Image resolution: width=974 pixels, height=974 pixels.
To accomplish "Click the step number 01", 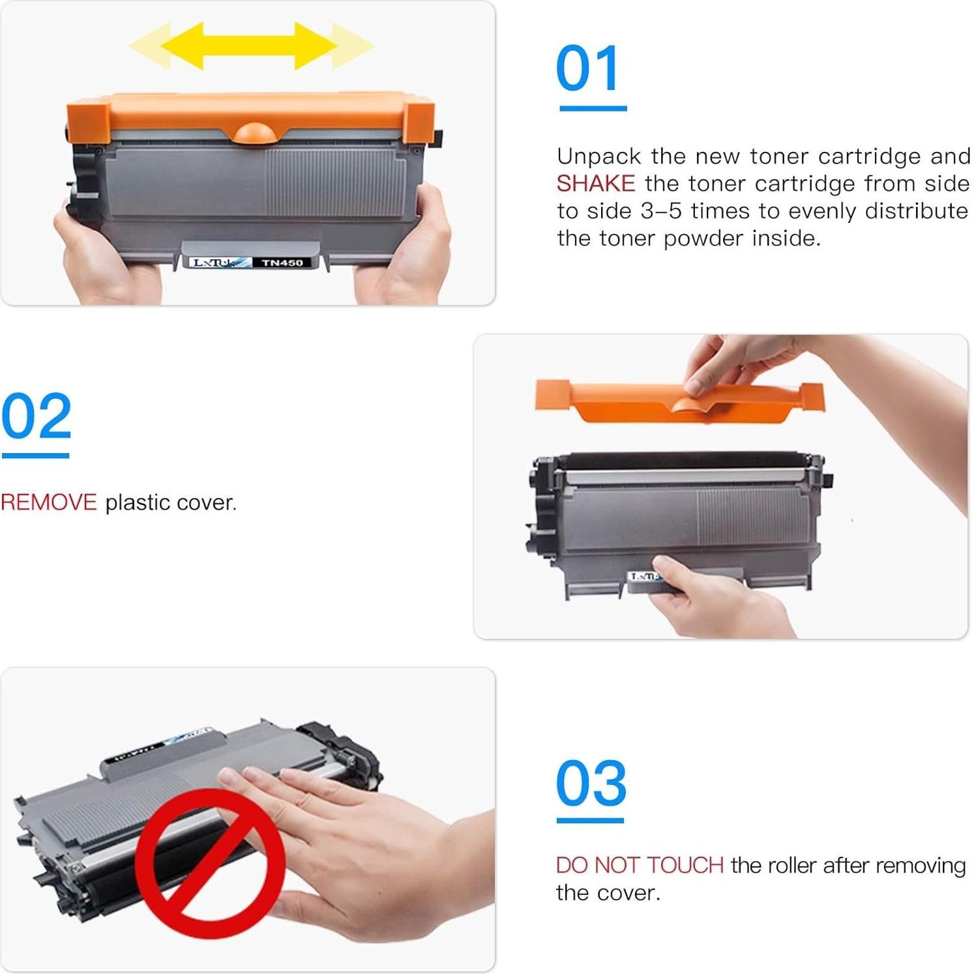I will click(x=587, y=68).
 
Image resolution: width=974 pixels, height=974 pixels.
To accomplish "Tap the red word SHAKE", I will click(x=595, y=184).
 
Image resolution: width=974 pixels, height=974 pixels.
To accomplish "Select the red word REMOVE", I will click(x=49, y=503).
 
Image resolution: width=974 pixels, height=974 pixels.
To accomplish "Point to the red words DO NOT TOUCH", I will click(x=639, y=865).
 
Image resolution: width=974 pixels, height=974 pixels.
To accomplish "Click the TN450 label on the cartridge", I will click(x=282, y=263).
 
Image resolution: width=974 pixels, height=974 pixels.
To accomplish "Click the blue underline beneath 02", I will click(x=36, y=455).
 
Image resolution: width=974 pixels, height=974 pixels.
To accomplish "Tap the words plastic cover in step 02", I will click(x=171, y=503).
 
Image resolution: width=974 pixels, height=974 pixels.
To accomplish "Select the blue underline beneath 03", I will click(x=590, y=820).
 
